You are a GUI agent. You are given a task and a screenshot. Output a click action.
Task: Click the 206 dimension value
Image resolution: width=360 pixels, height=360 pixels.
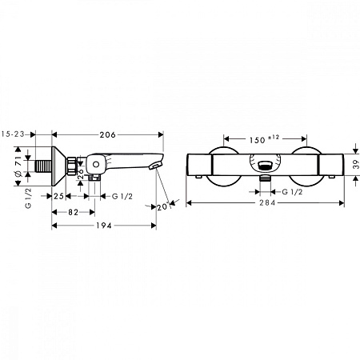pyautogui.click(x=108, y=135)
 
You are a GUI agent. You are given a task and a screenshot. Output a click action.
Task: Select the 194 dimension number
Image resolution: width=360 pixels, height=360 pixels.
pyautogui.click(x=104, y=226)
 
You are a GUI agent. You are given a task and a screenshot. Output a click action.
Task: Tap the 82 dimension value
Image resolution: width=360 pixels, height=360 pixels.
pyautogui.click(x=73, y=212)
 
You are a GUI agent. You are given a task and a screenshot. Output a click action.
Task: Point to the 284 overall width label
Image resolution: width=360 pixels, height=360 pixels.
pyautogui.click(x=267, y=203)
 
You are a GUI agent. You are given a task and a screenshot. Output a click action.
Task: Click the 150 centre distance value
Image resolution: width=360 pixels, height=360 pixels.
pyautogui.click(x=258, y=140)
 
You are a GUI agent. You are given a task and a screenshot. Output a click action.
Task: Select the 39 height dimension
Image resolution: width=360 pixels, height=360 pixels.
pyautogui.click(x=356, y=165)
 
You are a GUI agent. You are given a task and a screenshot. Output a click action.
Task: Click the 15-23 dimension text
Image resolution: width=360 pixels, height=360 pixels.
pyautogui.click(x=13, y=134)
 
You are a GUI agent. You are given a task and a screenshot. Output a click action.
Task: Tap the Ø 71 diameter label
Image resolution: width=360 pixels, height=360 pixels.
pyautogui.click(x=18, y=166)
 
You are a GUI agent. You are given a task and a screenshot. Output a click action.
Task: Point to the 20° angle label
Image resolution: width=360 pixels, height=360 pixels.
pyautogui.click(x=163, y=207)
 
